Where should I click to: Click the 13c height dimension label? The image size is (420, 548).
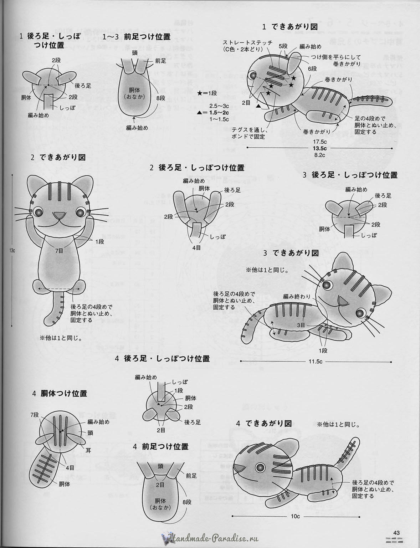coord(12,250)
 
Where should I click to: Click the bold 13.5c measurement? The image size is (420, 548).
coord(320,148)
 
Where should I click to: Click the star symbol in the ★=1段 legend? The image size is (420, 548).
coord(199,93)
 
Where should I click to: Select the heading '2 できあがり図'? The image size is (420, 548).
coord(58,157)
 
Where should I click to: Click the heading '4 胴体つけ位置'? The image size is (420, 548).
coord(60,394)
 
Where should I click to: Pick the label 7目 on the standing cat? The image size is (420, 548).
coord(59,251)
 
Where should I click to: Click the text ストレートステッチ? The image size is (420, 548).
coord(248,42)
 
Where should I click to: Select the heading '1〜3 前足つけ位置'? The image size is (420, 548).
coord(137,37)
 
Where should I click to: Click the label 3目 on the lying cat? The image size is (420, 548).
coord(301,325)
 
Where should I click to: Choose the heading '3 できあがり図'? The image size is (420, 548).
coord(291,253)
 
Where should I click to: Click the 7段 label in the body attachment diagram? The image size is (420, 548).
coord(34,415)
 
